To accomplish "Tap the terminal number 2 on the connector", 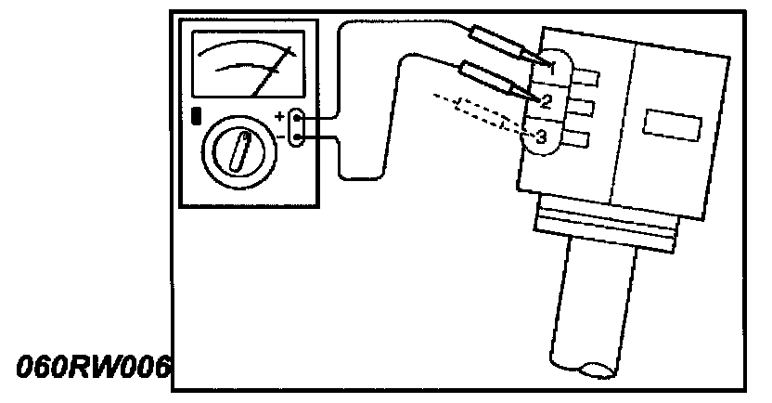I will click(547, 100).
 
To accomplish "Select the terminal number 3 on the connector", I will click(542, 137).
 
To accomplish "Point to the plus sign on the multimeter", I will click(280, 117).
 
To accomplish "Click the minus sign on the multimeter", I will click(280, 137).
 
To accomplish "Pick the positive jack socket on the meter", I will click(297, 119).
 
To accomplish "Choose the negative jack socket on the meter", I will click(297, 138).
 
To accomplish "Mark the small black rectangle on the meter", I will click(197, 117).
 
